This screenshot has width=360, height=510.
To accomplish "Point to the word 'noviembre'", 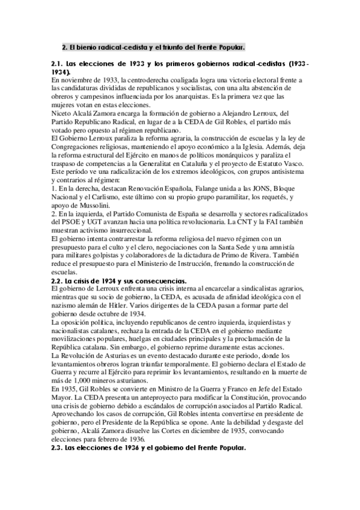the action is pos(75,80).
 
